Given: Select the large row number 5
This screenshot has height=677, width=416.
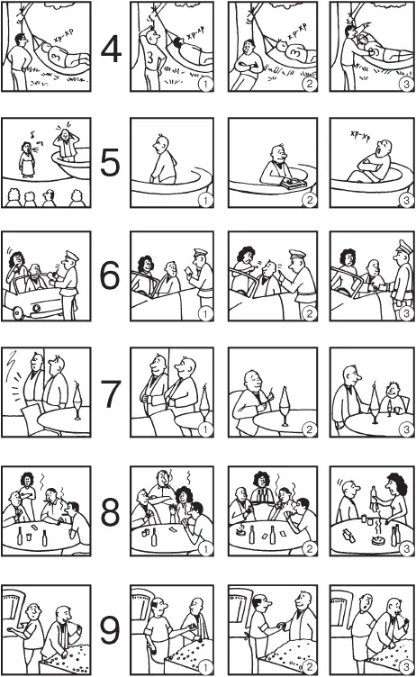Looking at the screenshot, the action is [x=110, y=162].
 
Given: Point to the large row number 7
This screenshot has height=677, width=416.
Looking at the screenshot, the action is [x=110, y=393].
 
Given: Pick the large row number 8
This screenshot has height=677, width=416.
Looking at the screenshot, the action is [x=110, y=511].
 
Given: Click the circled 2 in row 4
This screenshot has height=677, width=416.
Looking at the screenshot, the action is [x=310, y=84].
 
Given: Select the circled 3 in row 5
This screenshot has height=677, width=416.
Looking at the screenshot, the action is [x=406, y=200].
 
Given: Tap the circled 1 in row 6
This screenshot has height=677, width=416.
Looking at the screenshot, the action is [x=205, y=314].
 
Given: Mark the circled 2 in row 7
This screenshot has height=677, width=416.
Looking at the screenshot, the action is [x=310, y=429].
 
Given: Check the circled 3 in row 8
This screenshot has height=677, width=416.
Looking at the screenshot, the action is [x=406, y=548].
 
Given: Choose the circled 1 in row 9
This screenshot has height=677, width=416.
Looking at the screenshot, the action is [x=205, y=667].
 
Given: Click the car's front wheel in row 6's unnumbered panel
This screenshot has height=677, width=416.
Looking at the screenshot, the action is [x=19, y=312].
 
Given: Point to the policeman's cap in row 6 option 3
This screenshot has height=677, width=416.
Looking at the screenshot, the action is [x=405, y=247].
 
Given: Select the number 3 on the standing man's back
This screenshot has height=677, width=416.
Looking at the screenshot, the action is [x=149, y=57].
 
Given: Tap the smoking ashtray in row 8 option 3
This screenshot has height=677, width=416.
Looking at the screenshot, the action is [x=379, y=537].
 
